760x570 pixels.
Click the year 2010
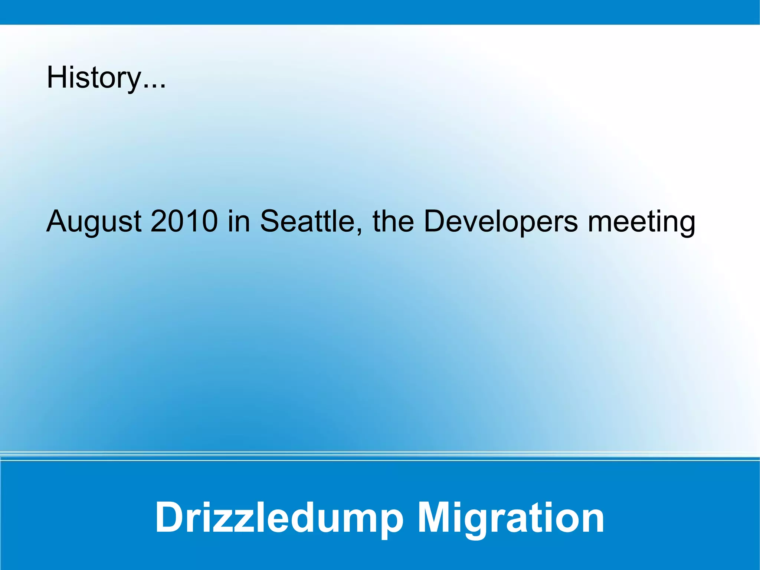tap(184, 221)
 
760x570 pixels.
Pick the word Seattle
tap(307, 221)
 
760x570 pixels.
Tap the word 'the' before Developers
tap(393, 221)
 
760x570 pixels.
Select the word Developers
tap(501, 221)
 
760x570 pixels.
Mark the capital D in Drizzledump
tap(171, 517)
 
